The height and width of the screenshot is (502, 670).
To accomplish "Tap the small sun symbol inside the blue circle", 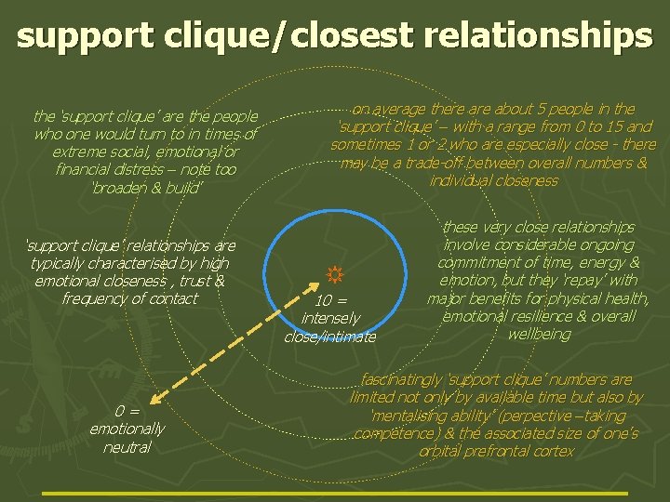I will pos(335,274).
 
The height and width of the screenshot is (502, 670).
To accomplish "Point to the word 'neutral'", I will pos(127,446).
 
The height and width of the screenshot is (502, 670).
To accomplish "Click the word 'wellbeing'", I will pos(539,334).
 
